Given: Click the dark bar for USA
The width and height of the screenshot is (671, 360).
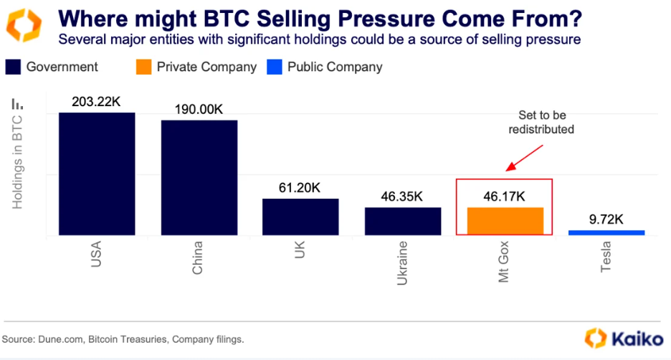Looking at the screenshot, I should [x=97, y=174].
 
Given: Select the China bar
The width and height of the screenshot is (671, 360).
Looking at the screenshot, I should [x=199, y=177].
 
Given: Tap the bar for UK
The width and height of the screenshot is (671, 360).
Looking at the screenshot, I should [x=300, y=217].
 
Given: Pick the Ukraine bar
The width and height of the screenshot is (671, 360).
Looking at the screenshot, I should [x=403, y=221].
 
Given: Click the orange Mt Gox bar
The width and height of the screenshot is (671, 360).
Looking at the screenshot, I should [x=505, y=221].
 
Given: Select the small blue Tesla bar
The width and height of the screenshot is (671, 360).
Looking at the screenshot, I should [x=606, y=232].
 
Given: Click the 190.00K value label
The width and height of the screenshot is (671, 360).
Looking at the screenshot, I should [x=199, y=110].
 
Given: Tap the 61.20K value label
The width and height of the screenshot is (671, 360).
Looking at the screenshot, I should [x=300, y=189].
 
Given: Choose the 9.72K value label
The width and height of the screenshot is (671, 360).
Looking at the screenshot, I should [x=606, y=220].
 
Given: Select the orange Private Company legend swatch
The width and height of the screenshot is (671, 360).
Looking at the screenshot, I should [x=143, y=67].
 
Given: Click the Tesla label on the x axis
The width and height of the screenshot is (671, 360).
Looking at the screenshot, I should [x=606, y=257].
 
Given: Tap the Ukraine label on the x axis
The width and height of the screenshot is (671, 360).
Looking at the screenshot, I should [x=403, y=264].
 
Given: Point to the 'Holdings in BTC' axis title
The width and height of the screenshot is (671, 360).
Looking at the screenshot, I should [x=18, y=161].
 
